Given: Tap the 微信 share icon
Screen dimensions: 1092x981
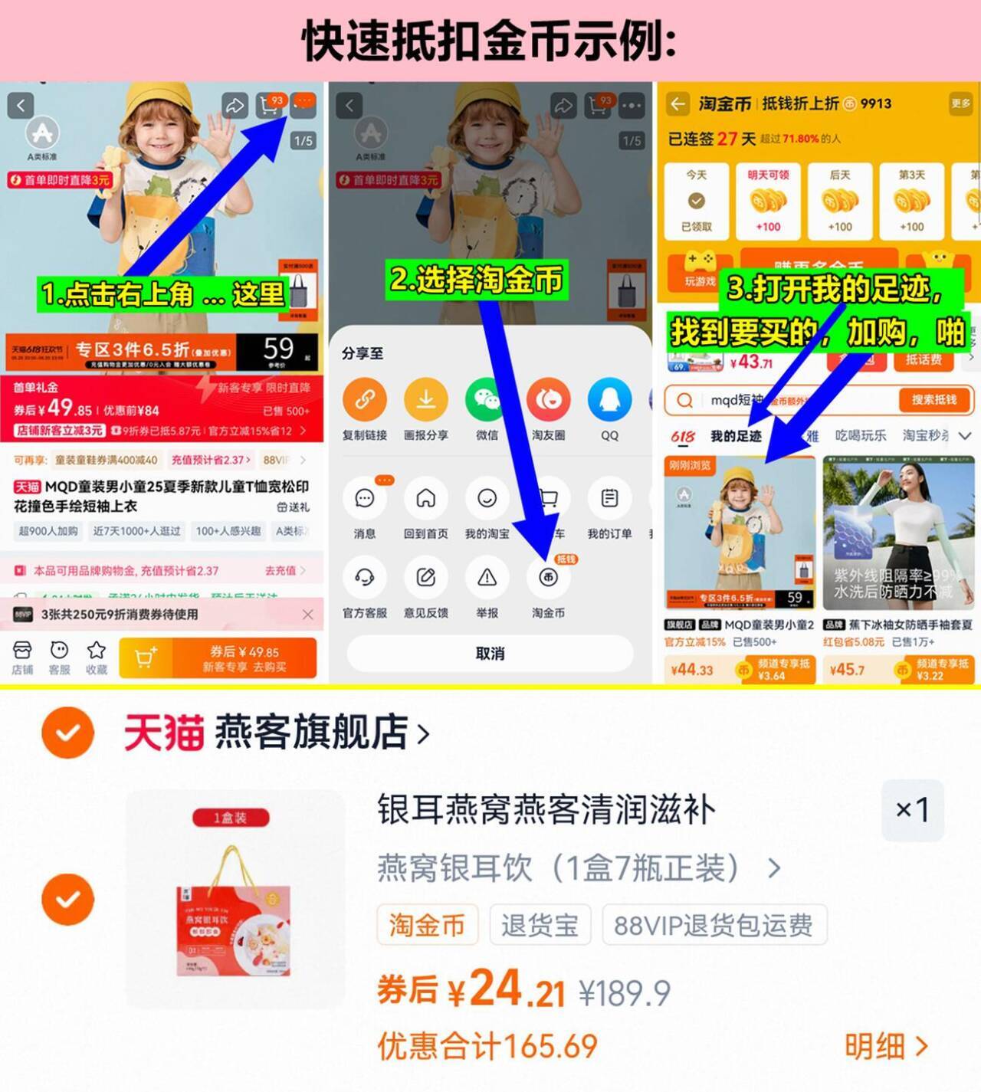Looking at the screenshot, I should click(487, 400).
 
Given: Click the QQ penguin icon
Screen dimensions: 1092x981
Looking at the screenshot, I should click(609, 400).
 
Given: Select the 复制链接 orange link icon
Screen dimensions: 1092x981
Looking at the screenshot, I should click(365, 400).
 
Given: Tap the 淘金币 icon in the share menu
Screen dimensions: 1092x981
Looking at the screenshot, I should click(548, 578).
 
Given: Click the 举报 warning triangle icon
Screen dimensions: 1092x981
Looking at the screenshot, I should click(487, 578).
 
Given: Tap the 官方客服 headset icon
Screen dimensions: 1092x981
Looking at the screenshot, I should click(365, 578).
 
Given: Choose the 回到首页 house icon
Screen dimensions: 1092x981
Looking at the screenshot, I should click(425, 499).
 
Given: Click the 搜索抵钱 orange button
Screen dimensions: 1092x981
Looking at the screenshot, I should click(933, 400).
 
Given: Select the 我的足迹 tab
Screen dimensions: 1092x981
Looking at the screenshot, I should click(736, 436).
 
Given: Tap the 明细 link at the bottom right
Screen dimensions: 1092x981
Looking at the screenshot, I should click(886, 1046).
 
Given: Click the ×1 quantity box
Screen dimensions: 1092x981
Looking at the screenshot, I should click(912, 810).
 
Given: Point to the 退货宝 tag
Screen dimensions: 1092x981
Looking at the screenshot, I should click(540, 925).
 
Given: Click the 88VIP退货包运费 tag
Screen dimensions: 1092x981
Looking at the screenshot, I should click(714, 925).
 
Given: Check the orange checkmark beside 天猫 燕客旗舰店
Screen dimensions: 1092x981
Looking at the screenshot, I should click(68, 733).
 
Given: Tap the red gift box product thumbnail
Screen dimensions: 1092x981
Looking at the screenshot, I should click(235, 898).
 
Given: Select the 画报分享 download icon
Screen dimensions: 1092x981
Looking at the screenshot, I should click(425, 400).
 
